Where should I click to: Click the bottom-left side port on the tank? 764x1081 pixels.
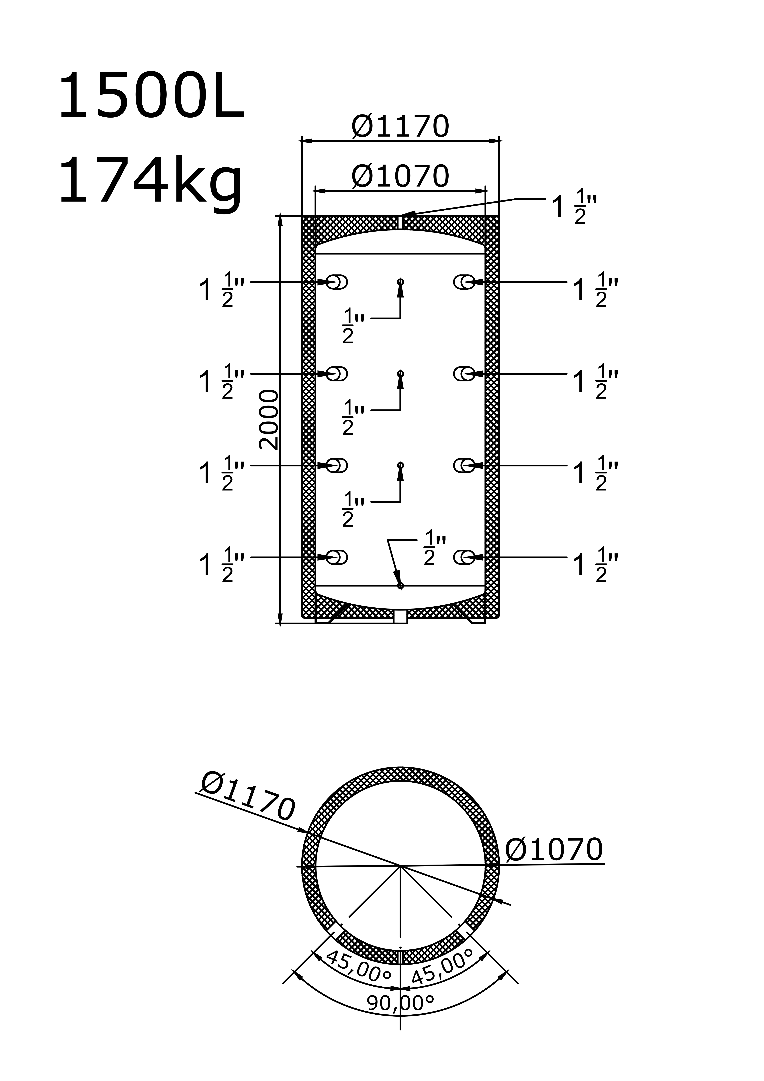(x=337, y=558)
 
